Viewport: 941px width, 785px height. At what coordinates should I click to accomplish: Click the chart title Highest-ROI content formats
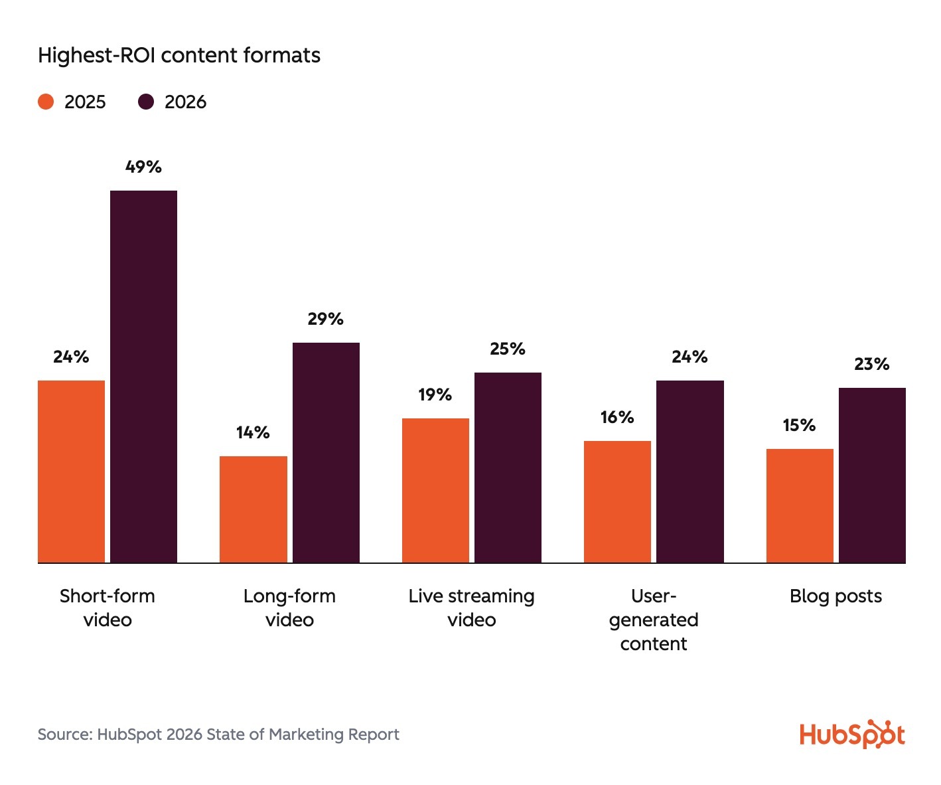179,55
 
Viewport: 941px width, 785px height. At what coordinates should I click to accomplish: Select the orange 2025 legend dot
46,102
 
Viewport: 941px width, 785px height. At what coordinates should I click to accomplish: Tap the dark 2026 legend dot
146,102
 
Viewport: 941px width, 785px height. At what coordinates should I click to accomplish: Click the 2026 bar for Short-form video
143,377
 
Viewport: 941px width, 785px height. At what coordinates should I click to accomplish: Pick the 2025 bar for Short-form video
71,472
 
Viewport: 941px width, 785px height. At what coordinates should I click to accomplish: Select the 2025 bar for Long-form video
253,509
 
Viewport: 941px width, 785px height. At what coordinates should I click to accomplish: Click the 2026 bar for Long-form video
326,452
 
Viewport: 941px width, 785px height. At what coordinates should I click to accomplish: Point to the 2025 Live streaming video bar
435,490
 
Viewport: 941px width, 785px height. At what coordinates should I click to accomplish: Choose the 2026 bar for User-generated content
689,472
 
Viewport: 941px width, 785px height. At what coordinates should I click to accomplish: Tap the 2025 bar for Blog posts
799,505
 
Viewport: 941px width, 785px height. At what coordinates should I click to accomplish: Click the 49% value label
143,167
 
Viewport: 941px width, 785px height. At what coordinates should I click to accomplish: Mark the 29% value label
325,319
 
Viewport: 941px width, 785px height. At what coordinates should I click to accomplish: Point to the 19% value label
435,395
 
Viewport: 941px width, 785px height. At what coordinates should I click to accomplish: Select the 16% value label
617,418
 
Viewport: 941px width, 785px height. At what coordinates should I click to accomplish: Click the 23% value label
871,364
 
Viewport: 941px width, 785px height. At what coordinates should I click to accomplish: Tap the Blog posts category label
835,596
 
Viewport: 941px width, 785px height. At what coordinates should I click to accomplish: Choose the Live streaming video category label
471,608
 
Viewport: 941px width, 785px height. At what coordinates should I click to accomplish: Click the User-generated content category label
654,620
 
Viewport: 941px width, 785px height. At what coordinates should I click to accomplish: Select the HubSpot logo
852,734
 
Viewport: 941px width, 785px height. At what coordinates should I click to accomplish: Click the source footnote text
218,735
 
